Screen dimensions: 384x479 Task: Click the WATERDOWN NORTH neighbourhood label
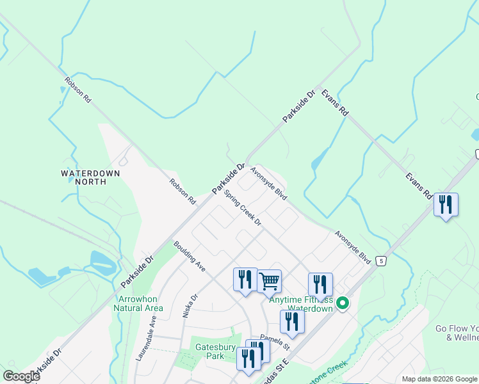(87, 177)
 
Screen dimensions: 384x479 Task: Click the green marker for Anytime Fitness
(343, 303)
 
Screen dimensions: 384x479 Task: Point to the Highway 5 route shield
(381, 261)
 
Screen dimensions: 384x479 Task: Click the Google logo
(21, 376)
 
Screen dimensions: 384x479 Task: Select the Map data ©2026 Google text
(439, 379)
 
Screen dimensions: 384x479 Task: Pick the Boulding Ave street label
(189, 257)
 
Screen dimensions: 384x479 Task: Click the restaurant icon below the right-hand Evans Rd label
(446, 205)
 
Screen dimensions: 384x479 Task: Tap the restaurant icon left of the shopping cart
(245, 280)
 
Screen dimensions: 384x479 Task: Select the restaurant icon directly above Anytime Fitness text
(320, 284)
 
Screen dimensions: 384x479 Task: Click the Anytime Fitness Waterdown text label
(301, 304)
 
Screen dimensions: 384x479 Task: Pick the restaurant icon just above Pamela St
(292, 322)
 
